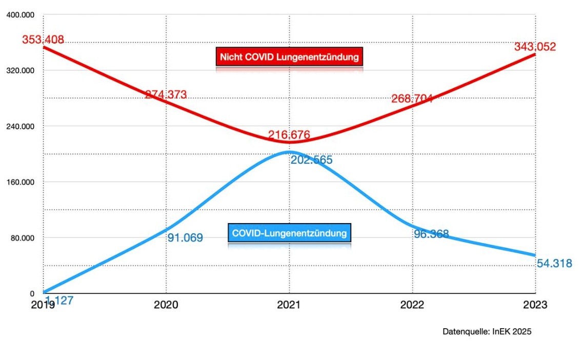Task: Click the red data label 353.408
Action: pyautogui.click(x=43, y=39)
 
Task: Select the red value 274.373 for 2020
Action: pyautogui.click(x=166, y=94)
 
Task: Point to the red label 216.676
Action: pyautogui.click(x=289, y=135)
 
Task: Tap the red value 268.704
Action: pyautogui.click(x=412, y=98)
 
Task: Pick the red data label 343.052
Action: pyautogui.click(x=535, y=47)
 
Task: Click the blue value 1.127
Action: pyautogui.click(x=59, y=301)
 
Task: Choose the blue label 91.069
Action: pyautogui.click(x=185, y=237)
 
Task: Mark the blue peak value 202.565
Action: pyautogui.click(x=312, y=160)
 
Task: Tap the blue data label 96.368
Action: pyautogui.click(x=431, y=234)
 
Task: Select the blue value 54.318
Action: pyautogui.click(x=554, y=264)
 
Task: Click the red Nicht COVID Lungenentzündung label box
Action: pyautogui.click(x=289, y=56)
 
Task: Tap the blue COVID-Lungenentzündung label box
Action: pyautogui.click(x=289, y=233)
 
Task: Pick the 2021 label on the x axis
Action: pyautogui.click(x=289, y=305)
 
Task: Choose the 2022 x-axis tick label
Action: pyautogui.click(x=412, y=305)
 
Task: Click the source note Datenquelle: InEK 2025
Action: pyautogui.click(x=487, y=331)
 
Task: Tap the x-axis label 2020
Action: pyautogui.click(x=166, y=305)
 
